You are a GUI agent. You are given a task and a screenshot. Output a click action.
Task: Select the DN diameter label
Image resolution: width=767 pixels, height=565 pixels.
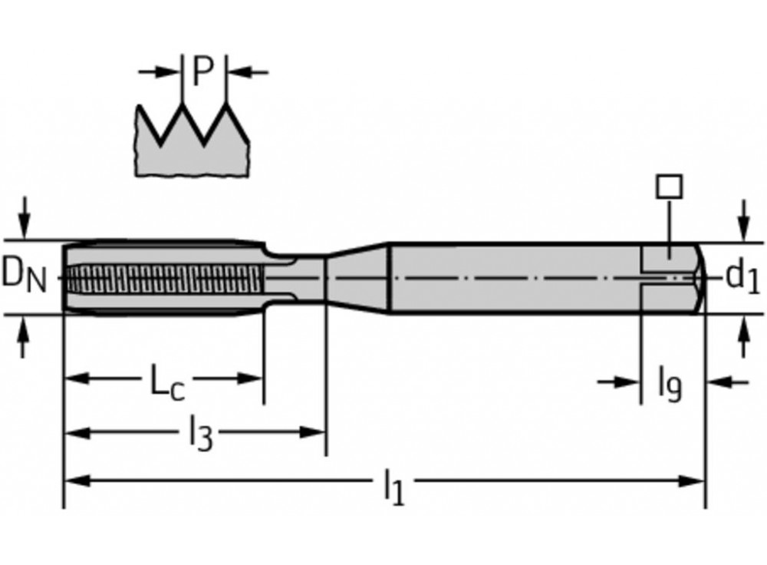click(x=24, y=276)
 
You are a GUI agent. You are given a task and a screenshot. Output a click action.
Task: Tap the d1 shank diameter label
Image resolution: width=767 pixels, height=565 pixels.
click(x=742, y=276)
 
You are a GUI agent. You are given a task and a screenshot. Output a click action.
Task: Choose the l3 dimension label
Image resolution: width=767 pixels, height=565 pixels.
click(x=201, y=433)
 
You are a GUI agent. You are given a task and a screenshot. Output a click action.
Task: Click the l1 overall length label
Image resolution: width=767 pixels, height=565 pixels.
click(x=394, y=485)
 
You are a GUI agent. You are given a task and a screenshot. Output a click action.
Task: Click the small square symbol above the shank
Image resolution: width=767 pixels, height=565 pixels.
click(x=669, y=187)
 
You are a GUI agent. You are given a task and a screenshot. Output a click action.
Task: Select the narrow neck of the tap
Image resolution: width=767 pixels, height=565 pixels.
click(x=295, y=278)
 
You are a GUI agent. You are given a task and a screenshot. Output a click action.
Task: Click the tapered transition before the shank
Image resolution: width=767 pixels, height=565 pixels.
click(x=357, y=278)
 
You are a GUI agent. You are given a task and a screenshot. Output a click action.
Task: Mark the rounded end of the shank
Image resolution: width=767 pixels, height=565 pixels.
click(x=699, y=278)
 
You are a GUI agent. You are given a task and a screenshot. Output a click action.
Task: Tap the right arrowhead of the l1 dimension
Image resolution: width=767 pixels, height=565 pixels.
click(x=691, y=481)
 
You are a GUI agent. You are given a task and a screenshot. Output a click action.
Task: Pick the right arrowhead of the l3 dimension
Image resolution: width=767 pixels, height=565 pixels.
click(x=312, y=432)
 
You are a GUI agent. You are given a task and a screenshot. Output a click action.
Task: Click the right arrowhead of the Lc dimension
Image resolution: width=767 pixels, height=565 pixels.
click(x=250, y=378)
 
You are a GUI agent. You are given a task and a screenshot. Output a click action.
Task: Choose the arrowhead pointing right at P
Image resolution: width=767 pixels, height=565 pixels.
click(x=168, y=72)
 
